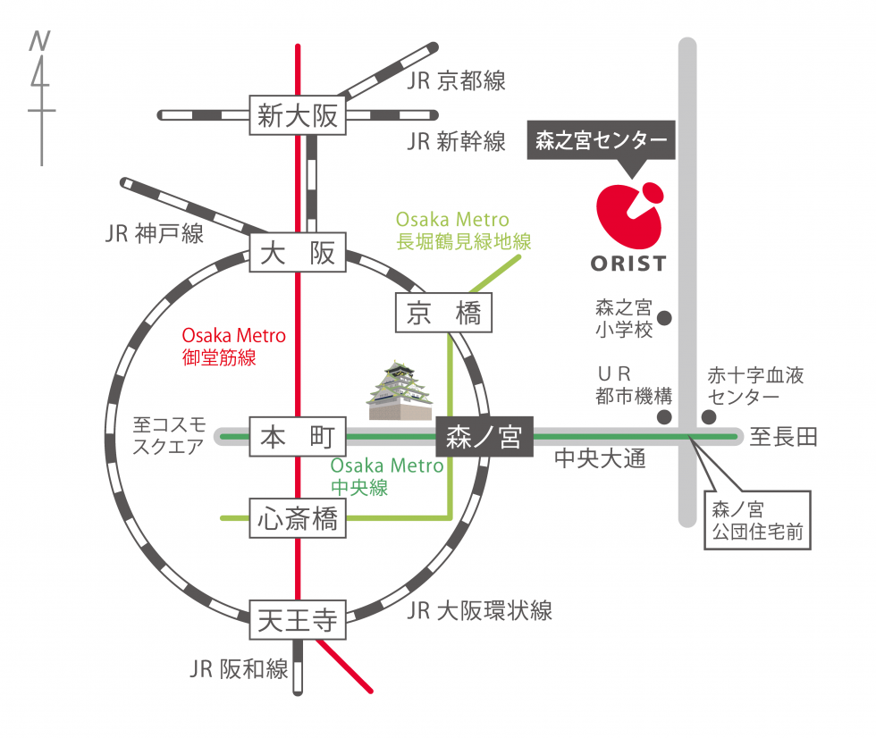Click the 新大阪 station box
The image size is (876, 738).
point(298,115)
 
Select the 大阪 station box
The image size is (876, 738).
point(298,252)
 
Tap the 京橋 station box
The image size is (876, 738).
point(443,313)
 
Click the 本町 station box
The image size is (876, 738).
point(298,437)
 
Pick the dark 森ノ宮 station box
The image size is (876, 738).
point(484,437)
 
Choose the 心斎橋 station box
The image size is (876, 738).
point(298,518)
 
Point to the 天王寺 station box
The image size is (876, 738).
point(298,620)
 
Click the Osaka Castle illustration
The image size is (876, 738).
point(400,390)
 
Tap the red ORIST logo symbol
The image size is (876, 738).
point(629,215)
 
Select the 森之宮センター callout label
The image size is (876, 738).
point(601,140)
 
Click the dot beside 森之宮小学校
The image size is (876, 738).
point(664,318)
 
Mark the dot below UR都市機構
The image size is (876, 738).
point(664,416)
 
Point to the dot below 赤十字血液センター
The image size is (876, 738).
point(709,416)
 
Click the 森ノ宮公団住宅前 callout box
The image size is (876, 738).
point(758,520)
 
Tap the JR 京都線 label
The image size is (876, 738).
point(456,81)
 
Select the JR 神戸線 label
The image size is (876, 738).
point(154,233)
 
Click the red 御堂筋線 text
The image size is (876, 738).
point(219,357)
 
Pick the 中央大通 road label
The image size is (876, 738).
point(600,458)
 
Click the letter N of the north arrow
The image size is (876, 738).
point(39,41)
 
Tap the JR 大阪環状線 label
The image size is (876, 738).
point(479,611)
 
